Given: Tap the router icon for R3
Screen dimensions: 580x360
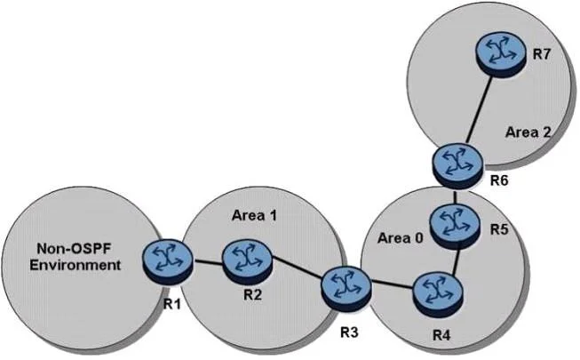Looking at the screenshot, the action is click(x=346, y=289).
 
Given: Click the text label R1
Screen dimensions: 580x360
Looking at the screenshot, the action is click(x=172, y=304).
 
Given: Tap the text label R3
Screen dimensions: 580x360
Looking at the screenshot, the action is click(x=349, y=333).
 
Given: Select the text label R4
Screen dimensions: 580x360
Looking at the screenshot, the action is click(x=441, y=336).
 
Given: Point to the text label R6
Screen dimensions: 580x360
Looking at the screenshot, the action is click(x=499, y=180).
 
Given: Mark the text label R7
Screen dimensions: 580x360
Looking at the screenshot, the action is click(x=542, y=54).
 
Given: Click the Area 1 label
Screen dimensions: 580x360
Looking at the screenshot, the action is click(x=254, y=215).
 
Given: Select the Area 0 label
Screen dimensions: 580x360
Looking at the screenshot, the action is click(x=400, y=238).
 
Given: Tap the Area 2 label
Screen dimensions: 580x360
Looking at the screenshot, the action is click(x=528, y=132).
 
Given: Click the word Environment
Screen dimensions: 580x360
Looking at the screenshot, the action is click(x=75, y=265).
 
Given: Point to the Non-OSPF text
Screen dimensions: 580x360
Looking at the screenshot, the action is click(x=74, y=249).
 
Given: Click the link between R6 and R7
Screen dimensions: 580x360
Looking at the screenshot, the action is click(x=479, y=110).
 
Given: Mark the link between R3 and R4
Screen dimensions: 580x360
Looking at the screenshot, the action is click(x=392, y=284).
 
